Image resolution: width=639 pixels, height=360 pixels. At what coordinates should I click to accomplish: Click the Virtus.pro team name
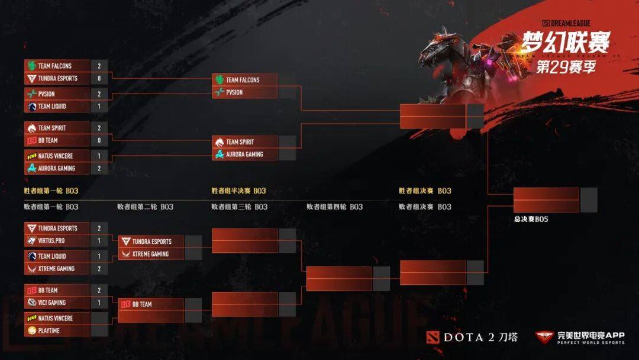[51, 240]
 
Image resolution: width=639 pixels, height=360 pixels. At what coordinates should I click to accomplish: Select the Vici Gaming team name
[51, 303]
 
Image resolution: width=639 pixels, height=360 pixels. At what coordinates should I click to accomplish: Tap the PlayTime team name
[49, 330]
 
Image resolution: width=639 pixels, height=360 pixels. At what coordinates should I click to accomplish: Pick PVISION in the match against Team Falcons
[234, 92]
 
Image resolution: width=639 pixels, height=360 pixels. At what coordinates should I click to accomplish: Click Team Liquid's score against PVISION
[99, 107]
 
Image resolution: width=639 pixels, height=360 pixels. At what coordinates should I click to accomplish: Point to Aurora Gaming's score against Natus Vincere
[99, 168]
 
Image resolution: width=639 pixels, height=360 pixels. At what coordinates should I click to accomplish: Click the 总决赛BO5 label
[531, 219]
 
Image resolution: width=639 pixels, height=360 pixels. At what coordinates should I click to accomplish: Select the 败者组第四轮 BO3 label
[334, 207]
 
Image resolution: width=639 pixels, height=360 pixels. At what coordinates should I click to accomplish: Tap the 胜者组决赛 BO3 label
[425, 191]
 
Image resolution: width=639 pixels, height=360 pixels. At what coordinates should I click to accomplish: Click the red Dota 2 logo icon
[433, 337]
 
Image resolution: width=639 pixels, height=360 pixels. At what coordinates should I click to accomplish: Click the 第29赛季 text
[566, 67]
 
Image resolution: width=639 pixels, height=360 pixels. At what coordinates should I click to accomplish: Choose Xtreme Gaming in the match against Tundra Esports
[150, 254]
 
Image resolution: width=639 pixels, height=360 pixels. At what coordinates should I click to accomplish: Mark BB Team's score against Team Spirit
[99, 140]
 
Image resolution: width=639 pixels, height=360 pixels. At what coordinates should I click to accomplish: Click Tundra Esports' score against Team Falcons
[99, 78]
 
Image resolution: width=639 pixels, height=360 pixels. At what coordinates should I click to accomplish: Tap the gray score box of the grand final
[589, 200]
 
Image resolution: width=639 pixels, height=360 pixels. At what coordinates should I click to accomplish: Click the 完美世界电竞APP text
[591, 335]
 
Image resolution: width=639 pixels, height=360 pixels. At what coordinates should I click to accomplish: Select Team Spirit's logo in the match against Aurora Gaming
[220, 142]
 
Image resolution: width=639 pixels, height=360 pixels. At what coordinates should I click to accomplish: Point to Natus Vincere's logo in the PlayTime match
[31, 318]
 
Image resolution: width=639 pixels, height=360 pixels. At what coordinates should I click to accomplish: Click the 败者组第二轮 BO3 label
[145, 207]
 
